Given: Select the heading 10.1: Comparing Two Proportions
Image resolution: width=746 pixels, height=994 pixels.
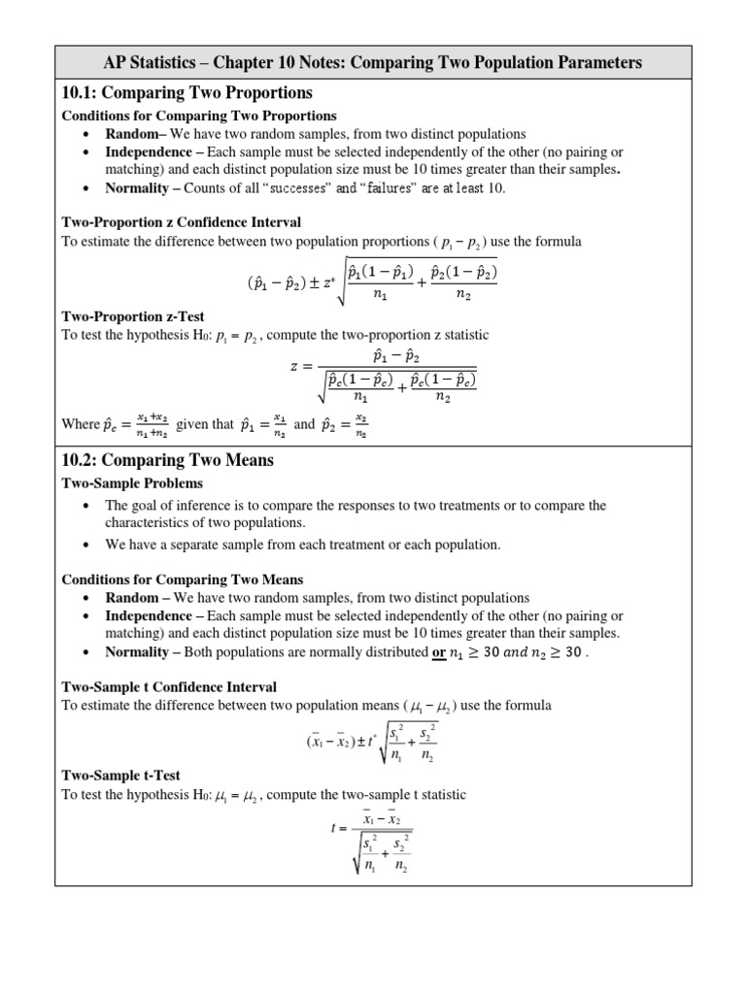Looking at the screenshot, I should click(x=187, y=93).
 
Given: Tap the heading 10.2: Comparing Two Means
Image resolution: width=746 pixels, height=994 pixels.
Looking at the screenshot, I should click(x=167, y=460).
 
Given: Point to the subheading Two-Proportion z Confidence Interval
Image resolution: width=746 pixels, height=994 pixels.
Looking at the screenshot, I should click(x=182, y=222).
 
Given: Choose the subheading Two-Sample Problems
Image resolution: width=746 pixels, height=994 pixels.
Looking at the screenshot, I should click(x=132, y=482).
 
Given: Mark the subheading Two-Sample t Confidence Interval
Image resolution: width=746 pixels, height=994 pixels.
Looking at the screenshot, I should click(x=169, y=687).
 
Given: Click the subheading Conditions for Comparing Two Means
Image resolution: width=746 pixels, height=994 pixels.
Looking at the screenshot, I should click(x=183, y=580).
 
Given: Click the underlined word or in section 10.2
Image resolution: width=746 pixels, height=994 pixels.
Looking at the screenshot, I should click(x=438, y=652).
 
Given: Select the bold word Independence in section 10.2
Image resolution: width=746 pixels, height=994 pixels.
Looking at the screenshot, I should click(x=149, y=615).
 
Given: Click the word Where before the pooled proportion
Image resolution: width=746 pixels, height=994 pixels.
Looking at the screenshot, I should click(x=81, y=424).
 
